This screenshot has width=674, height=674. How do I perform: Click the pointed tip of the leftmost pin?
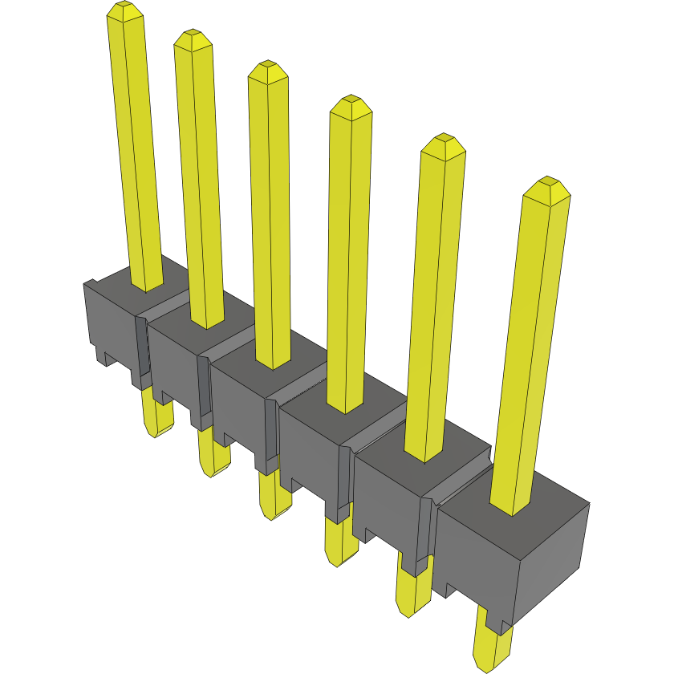tap(124, 8)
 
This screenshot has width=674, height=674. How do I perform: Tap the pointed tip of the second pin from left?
tap(193, 37)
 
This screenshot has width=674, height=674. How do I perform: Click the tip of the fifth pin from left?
tap(444, 141)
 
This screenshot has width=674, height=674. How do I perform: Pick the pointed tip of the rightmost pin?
tap(547, 184)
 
